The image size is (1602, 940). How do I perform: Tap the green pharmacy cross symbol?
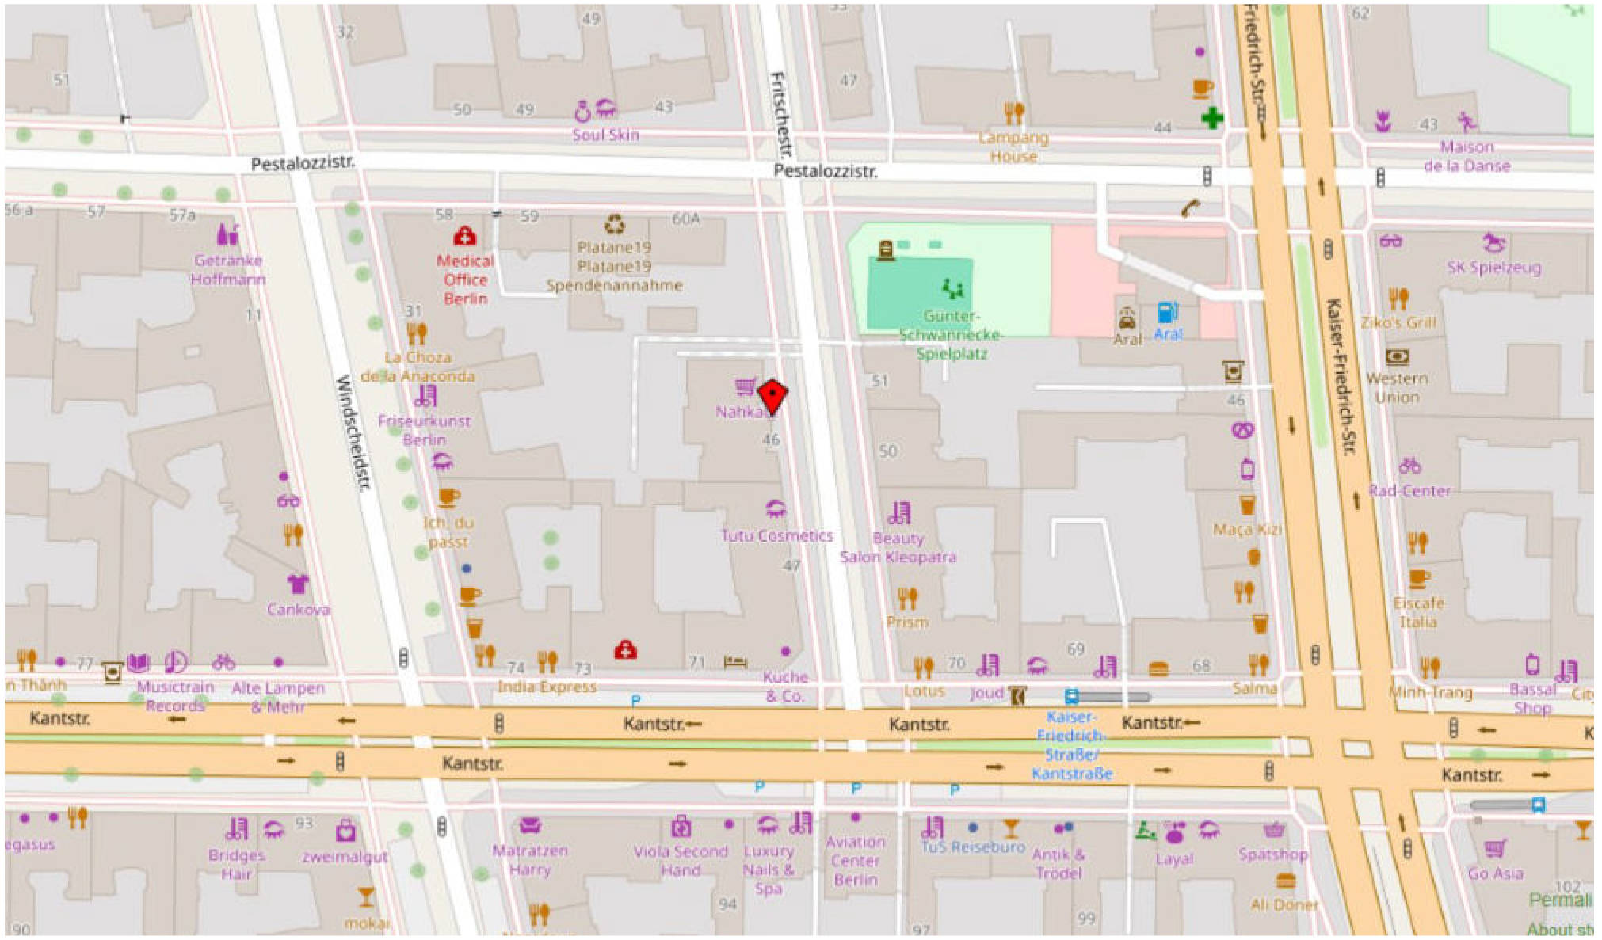1211,119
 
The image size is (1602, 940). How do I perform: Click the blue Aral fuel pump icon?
1167,312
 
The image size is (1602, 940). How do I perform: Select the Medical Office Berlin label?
465,280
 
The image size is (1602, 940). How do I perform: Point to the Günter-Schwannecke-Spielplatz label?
951,335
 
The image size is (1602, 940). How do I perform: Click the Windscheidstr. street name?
353,432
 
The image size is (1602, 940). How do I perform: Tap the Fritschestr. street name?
780,115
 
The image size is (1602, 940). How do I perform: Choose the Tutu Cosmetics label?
776,535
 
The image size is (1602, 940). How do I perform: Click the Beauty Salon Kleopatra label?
898,547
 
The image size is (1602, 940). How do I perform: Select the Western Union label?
1397,388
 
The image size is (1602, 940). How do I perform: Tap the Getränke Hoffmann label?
228,269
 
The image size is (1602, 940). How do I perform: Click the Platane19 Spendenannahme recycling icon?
615,225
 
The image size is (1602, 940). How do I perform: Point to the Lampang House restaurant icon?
1013,113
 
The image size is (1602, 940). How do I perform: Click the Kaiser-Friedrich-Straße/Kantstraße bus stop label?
1071,745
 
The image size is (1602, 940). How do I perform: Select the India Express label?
547,687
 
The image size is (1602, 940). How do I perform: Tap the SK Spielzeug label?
1493,268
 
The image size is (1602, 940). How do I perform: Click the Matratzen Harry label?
529,860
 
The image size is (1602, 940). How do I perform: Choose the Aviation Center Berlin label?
855,861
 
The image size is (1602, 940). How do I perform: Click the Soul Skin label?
605,135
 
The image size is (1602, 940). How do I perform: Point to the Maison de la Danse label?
1467,156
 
